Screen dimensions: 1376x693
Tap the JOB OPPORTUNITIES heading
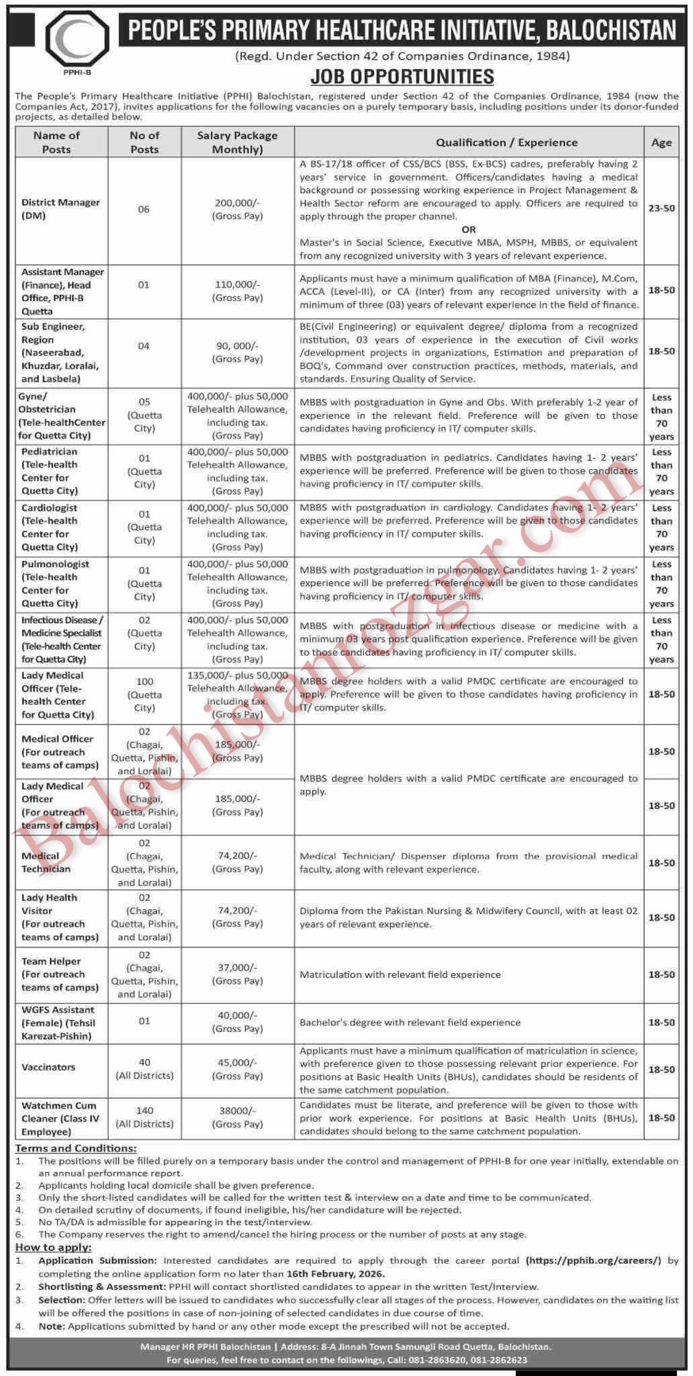402,77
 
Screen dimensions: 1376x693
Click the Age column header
661,142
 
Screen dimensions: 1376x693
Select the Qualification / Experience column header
469,142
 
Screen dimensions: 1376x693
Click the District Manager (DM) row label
60,209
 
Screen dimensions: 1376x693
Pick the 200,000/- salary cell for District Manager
237,209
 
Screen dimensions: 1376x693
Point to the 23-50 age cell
661,208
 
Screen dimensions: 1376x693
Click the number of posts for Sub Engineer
144,346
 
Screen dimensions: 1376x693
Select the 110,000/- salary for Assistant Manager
237,291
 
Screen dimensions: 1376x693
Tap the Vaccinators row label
48,1067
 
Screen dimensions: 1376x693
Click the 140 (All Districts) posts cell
144,1117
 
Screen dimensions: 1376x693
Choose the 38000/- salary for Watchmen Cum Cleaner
237,1117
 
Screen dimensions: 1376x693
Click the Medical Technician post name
46,862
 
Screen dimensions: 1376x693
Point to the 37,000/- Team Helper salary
237,974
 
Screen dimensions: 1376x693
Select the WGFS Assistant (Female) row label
58,1023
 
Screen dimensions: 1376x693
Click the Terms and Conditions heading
76,1148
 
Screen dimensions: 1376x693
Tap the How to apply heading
53,1247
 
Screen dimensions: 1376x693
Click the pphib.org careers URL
594,1260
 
